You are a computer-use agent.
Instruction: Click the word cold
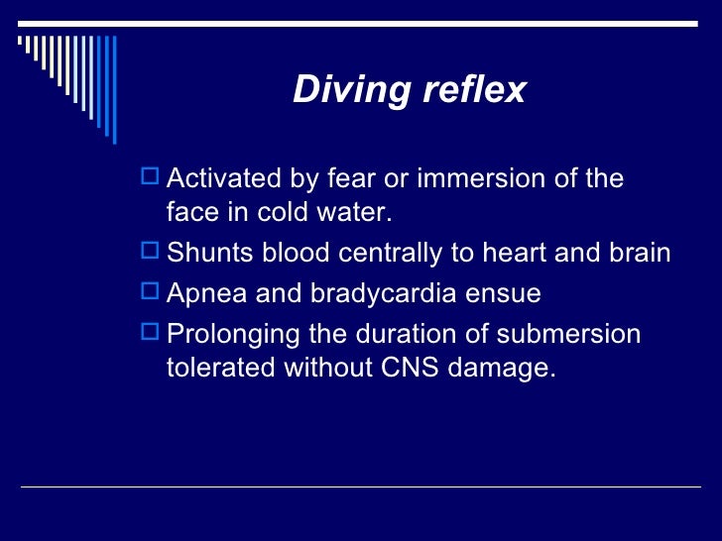pos(288,213)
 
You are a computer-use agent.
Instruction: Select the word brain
pos(638,253)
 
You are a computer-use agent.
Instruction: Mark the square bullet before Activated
pos(151,178)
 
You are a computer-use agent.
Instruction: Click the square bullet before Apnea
pos(151,293)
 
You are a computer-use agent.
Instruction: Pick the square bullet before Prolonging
pos(151,333)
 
